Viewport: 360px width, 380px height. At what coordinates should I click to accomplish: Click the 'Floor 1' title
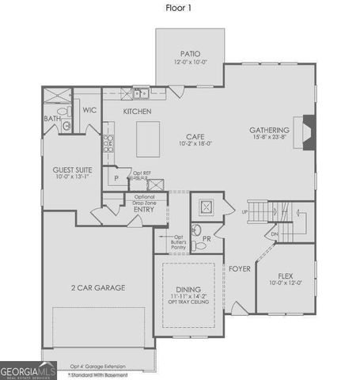pyautogui.click(x=179, y=9)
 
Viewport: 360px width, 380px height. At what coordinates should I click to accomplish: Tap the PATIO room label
pyautogui.click(x=189, y=54)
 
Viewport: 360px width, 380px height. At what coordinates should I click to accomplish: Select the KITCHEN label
pyautogui.click(x=137, y=112)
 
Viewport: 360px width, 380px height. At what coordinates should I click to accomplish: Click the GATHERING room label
pyautogui.click(x=269, y=130)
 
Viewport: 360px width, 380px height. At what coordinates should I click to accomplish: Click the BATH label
pyautogui.click(x=51, y=118)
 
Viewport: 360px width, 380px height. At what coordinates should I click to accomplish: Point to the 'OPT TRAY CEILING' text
pyautogui.click(x=188, y=302)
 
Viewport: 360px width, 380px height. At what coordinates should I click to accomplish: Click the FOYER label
pyautogui.click(x=240, y=268)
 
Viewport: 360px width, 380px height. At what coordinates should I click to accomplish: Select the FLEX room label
pyautogui.click(x=286, y=275)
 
